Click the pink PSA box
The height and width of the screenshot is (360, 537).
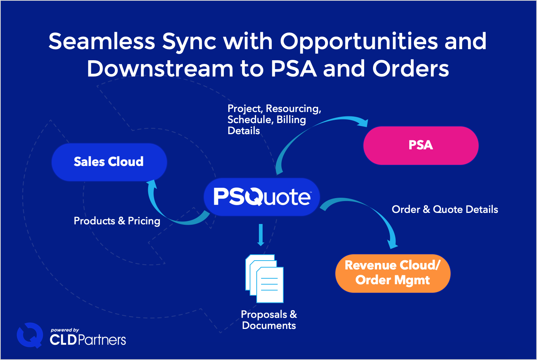421,145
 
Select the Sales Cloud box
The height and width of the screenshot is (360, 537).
109,162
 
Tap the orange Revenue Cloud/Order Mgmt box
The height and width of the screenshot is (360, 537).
393,273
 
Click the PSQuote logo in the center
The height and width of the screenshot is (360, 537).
262,197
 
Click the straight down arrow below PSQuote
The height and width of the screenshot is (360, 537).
261,235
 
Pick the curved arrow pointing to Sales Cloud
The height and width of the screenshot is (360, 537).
166,211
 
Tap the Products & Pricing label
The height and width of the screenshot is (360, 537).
117,221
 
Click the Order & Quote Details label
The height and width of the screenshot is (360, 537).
445,210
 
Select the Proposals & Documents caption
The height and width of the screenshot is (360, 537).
269,320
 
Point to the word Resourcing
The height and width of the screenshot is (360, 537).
293,109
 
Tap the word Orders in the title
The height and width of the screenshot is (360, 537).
410,69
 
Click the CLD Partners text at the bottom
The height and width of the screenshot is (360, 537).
88,339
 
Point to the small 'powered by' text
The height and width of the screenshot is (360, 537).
65,330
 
